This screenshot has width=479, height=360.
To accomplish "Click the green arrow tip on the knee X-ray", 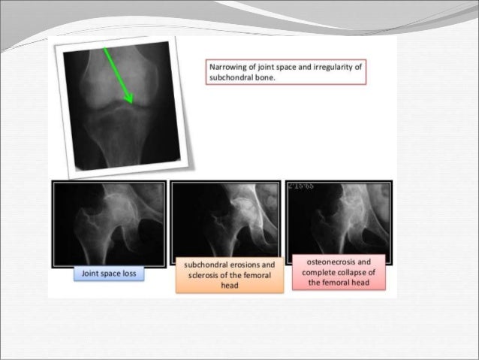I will (131, 102).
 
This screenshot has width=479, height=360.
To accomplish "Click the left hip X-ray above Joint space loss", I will (109, 222).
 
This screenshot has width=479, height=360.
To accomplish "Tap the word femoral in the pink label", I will (337, 282).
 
